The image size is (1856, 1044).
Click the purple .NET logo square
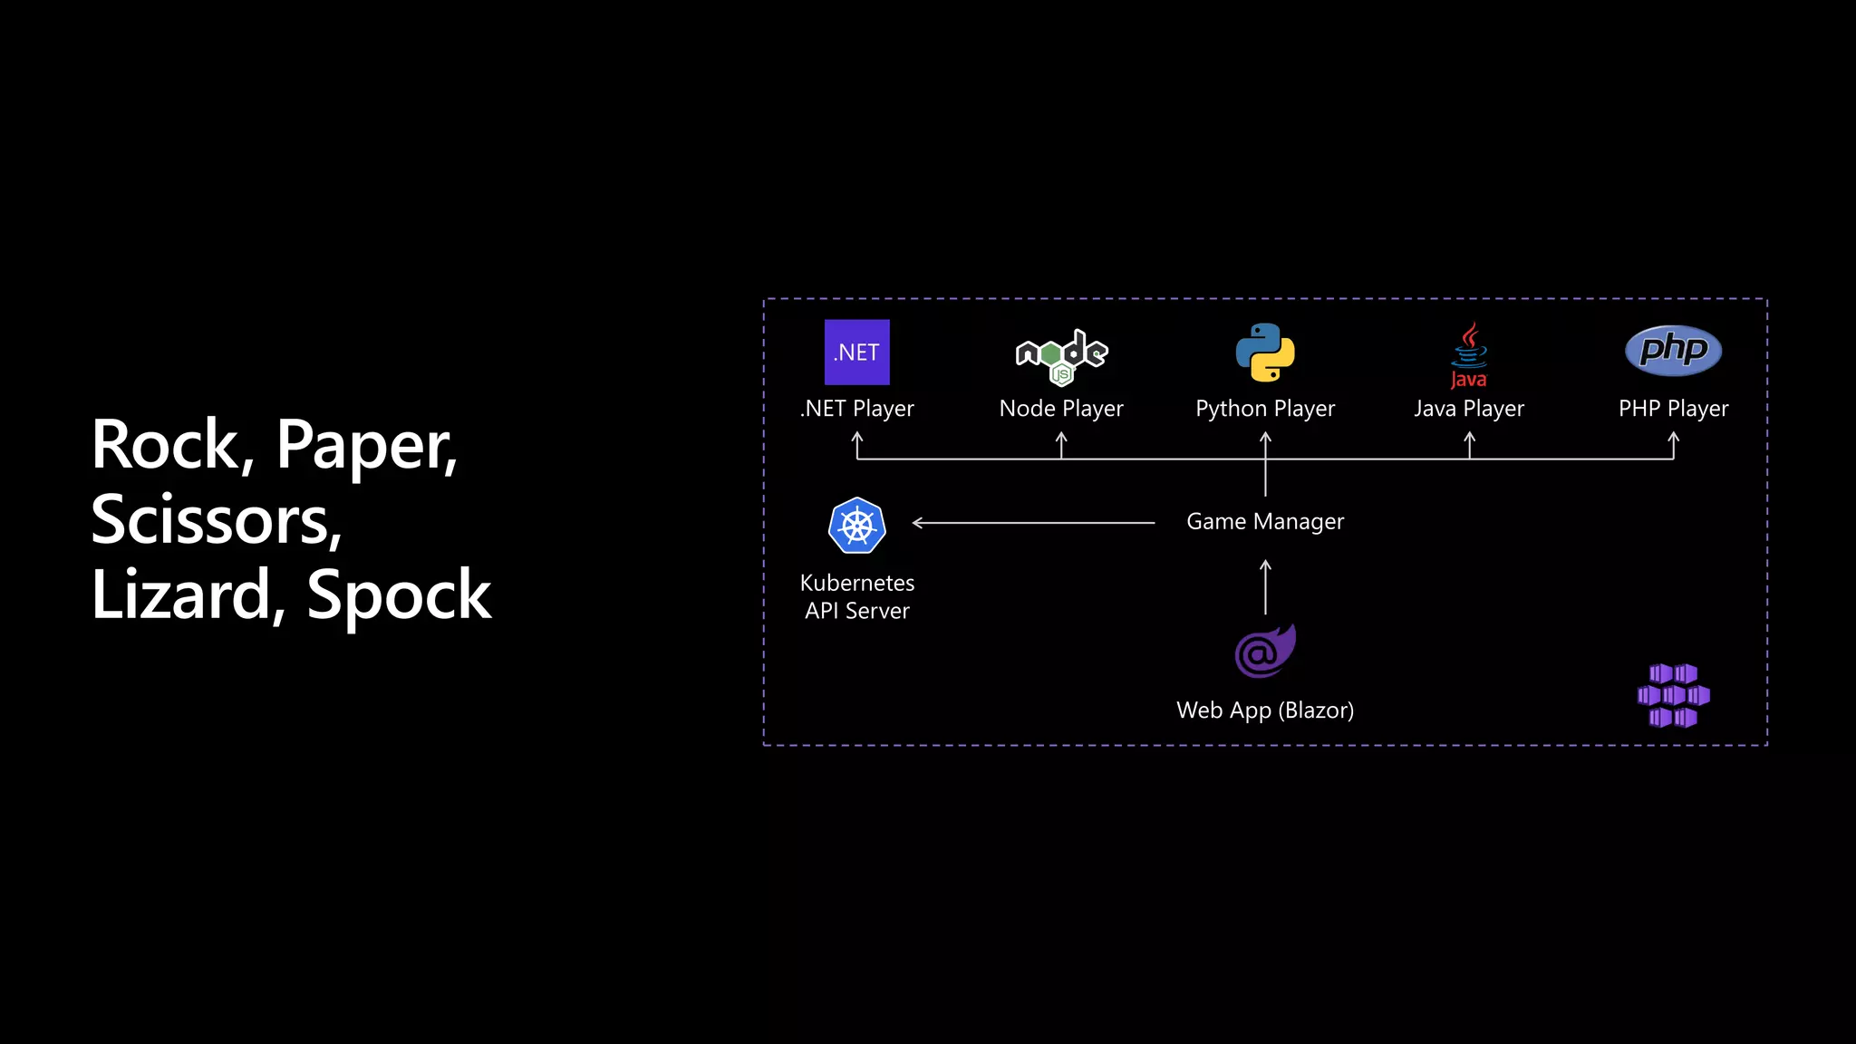click(856, 352)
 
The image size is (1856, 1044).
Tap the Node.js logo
click(1061, 355)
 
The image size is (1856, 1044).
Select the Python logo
click(1265, 352)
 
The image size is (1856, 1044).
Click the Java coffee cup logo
click(1469, 355)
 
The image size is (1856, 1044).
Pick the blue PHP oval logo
click(1673, 350)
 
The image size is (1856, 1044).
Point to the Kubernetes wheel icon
click(856, 526)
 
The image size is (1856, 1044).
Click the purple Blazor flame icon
click(1265, 651)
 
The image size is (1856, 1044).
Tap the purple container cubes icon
click(1673, 695)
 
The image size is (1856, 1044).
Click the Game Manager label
click(1265, 522)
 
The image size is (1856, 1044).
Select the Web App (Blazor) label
click(1265, 710)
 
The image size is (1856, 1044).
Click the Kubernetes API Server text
click(856, 596)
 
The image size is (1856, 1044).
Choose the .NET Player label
click(856, 409)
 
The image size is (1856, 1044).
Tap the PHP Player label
click(1673, 409)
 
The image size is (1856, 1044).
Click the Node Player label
click(1061, 409)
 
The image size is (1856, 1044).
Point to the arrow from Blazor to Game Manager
click(1265, 587)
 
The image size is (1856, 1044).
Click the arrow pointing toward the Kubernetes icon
click(1033, 523)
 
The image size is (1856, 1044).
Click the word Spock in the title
click(399, 594)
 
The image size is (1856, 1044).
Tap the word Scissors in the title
click(216, 520)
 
